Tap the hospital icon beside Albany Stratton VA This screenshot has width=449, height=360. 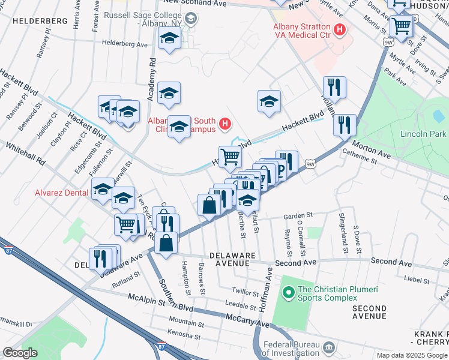(340, 29)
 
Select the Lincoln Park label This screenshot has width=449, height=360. (423, 133)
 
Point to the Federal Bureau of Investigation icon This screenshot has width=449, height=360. (328, 347)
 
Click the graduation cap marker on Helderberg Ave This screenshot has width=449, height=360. (170, 40)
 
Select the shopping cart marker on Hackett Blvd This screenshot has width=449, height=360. (231, 157)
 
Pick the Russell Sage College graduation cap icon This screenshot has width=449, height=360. (190, 19)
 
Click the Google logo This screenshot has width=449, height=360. (20, 353)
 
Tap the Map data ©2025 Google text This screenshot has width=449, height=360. (411, 355)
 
